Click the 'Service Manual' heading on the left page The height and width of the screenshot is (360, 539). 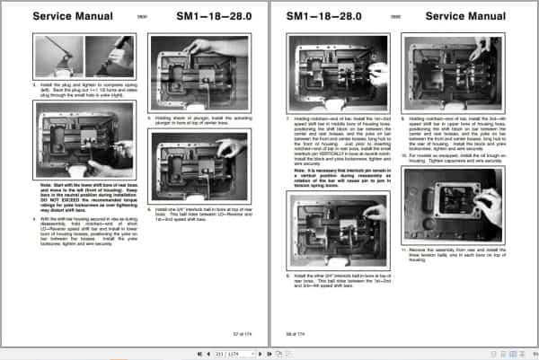coord(72,17)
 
